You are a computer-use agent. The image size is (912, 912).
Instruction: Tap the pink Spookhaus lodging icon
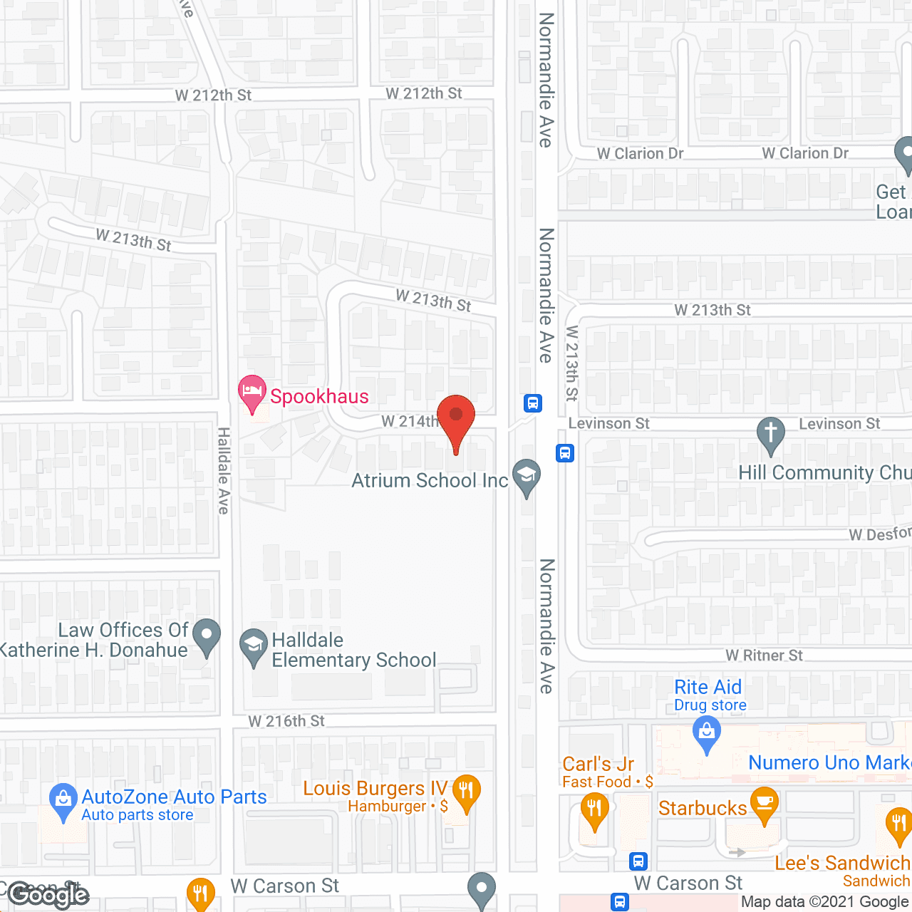coord(252,393)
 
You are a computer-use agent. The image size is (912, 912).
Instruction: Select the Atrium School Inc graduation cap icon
coord(527,476)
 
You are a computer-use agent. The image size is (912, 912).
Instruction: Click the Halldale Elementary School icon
coord(253,646)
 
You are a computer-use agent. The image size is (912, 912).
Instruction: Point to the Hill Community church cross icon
coord(770,434)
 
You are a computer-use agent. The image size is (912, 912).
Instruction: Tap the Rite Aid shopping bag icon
coord(707,733)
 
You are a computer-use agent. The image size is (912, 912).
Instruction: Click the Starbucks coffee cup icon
coord(765,804)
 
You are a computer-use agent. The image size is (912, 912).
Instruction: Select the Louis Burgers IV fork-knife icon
coord(466,792)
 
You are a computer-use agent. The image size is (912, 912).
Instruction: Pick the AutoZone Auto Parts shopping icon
coord(63,800)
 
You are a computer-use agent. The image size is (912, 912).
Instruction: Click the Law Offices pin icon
coord(207,636)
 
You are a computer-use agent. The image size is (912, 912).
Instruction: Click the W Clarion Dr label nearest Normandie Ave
coord(640,154)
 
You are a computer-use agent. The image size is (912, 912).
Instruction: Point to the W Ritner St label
coord(764,655)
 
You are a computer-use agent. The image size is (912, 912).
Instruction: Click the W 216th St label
coord(286,721)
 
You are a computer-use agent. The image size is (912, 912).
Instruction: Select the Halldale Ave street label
coord(224,470)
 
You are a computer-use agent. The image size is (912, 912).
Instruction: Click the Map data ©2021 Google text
coord(825,902)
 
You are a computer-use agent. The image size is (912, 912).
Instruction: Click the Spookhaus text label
coord(319,396)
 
